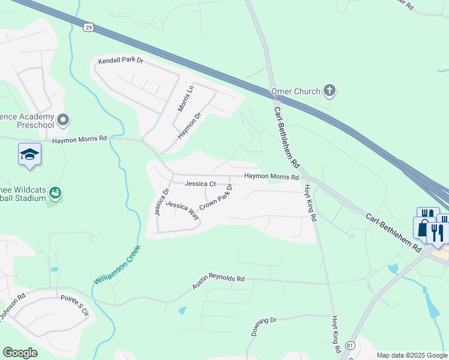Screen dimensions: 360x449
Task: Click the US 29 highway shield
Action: [x=89, y=27]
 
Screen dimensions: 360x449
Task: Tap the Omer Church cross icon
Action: [x=328, y=91]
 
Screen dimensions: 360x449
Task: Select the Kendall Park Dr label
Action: [x=121, y=61]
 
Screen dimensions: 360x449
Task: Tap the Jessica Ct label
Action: [x=200, y=184]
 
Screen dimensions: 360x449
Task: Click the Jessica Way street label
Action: [x=182, y=211]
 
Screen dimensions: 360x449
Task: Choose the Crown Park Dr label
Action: [x=215, y=197]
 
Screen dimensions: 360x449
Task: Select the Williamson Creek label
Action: [x=117, y=265]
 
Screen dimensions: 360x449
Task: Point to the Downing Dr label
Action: [x=263, y=327]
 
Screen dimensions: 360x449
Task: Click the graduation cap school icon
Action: [x=29, y=155]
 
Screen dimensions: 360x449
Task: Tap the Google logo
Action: [x=20, y=353]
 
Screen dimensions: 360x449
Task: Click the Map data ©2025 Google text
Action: [x=411, y=355]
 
